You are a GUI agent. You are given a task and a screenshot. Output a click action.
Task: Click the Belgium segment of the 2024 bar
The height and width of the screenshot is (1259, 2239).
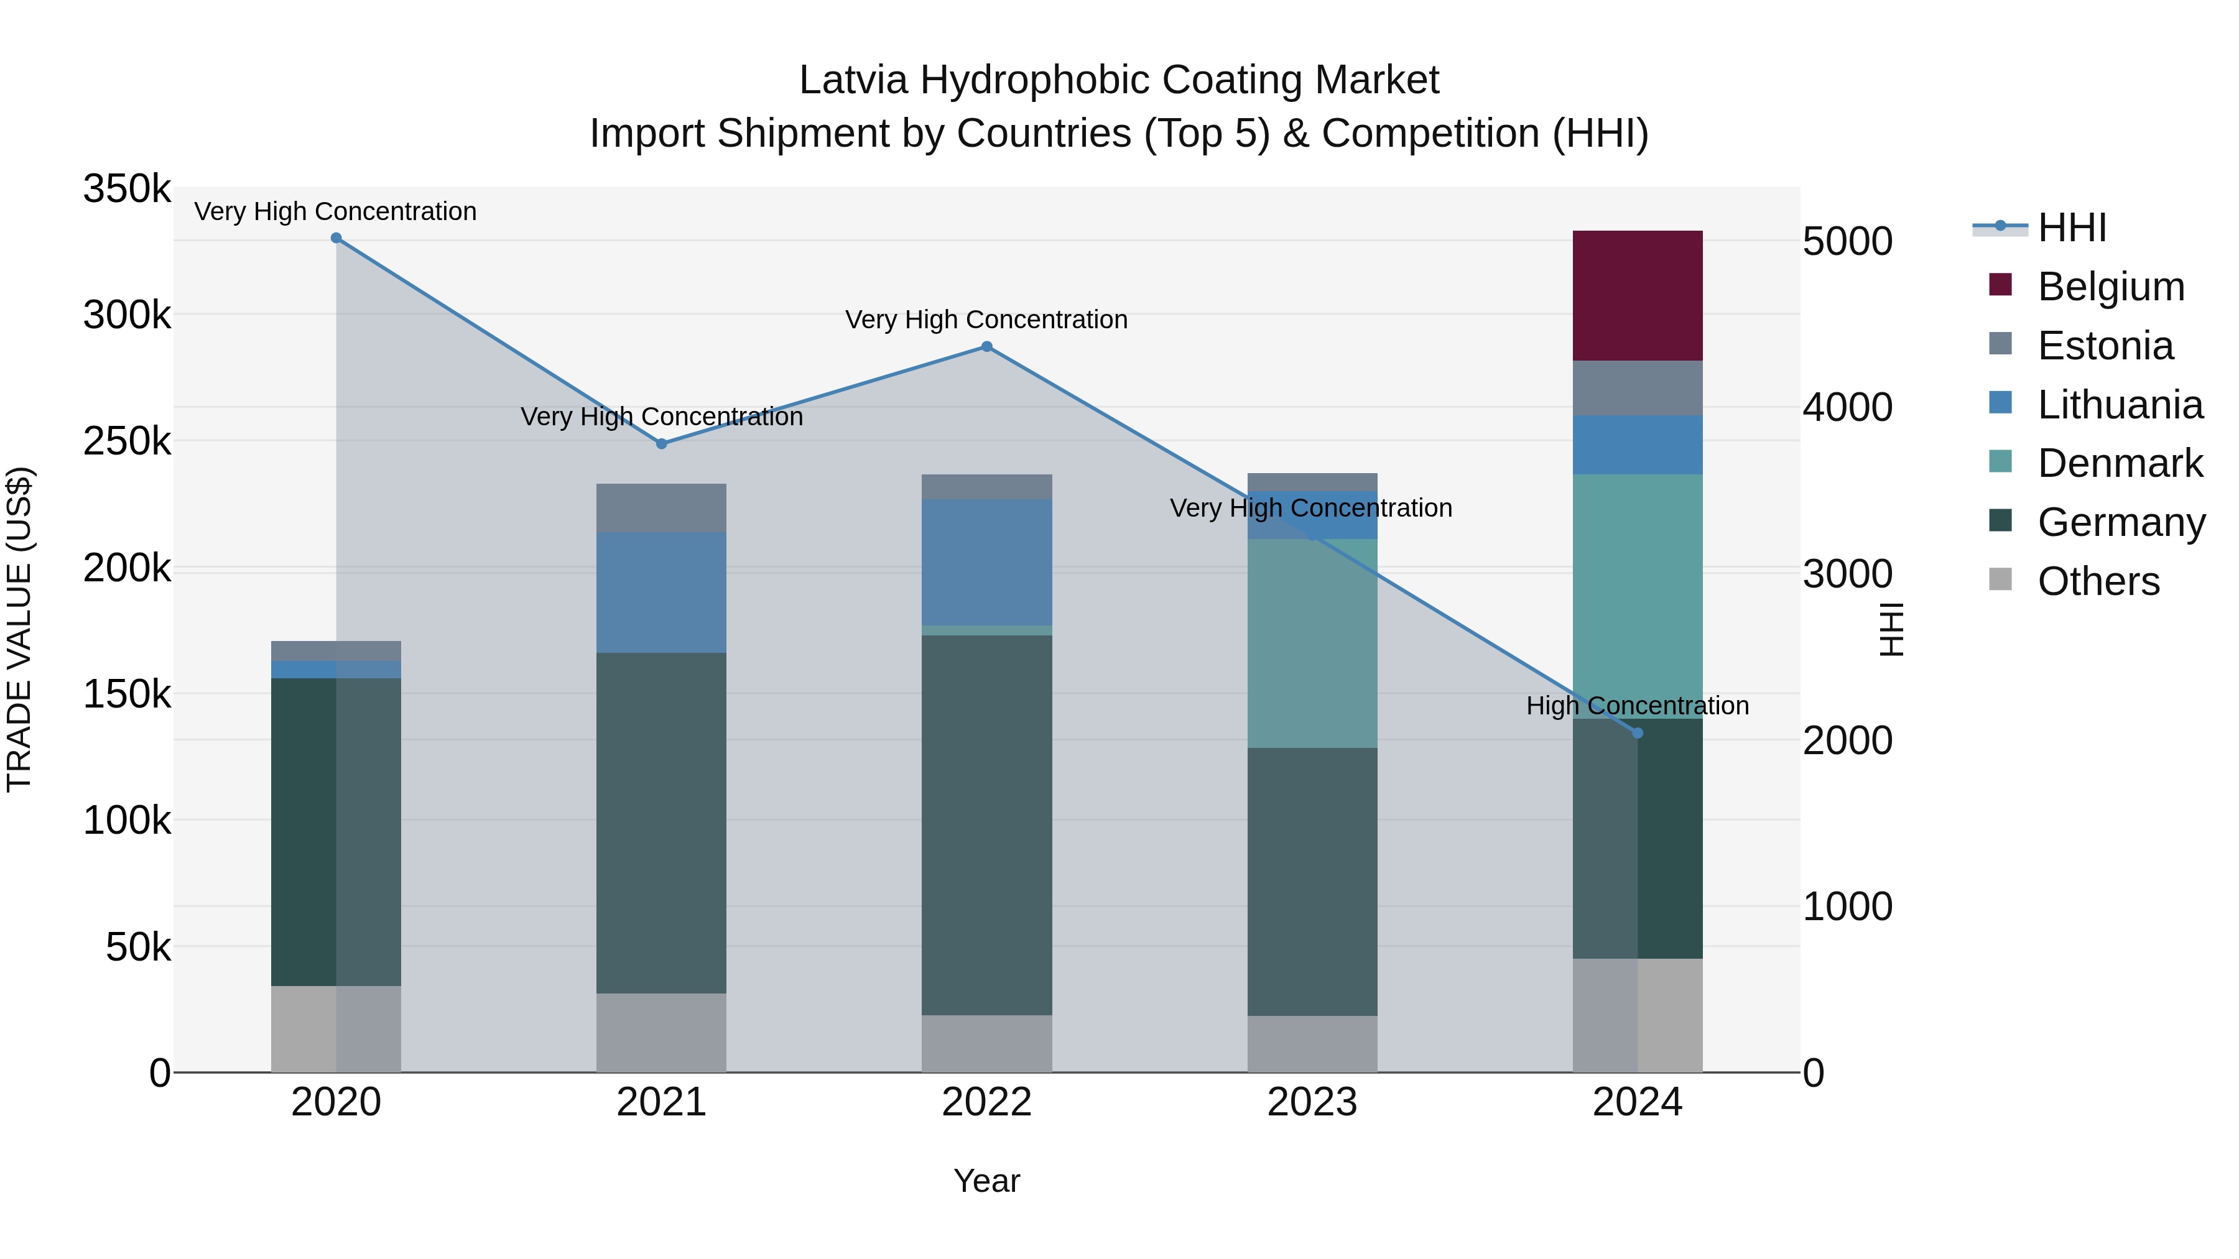(1637, 295)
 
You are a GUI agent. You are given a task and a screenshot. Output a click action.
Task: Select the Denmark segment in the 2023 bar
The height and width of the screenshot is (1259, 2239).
(1312, 643)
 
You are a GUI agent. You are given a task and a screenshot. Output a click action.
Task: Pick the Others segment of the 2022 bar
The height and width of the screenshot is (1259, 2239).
(986, 1043)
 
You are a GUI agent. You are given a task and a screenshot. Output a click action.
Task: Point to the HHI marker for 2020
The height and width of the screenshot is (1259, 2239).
(336, 238)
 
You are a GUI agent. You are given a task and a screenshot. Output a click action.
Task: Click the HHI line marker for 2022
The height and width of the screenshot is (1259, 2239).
(986, 347)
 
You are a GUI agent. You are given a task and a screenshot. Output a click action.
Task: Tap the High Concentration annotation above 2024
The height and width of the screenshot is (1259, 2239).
(1637, 706)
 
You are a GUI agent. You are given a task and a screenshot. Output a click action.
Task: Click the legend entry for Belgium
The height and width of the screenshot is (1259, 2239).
(2110, 287)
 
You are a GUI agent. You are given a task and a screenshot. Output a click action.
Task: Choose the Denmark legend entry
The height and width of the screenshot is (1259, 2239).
(2119, 463)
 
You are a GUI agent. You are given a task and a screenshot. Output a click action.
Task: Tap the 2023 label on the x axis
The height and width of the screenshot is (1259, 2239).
(1312, 1102)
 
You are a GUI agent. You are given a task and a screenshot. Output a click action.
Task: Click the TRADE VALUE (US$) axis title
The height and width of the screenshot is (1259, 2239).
(19, 629)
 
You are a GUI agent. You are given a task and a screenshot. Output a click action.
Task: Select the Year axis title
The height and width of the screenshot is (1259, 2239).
(986, 1181)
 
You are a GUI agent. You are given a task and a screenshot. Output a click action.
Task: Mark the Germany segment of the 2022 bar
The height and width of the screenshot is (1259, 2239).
(986, 826)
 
